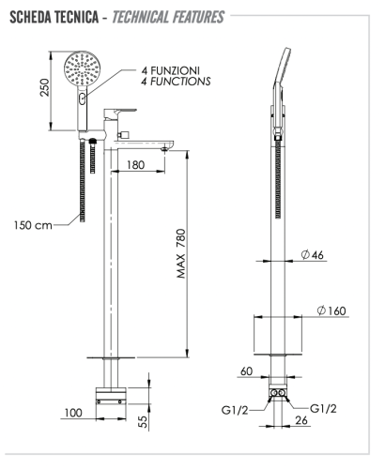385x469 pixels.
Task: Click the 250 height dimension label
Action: (x=45, y=87)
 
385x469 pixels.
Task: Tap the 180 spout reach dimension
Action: (x=136, y=165)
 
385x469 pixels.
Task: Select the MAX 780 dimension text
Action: (x=181, y=253)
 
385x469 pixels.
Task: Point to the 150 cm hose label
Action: (x=33, y=225)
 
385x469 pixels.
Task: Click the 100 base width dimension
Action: (x=73, y=413)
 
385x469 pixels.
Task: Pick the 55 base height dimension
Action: (x=143, y=422)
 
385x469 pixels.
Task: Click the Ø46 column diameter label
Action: (x=313, y=255)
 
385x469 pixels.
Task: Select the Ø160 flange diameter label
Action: (x=331, y=310)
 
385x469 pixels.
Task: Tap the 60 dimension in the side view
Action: (x=246, y=371)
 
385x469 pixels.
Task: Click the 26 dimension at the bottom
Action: (x=301, y=420)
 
